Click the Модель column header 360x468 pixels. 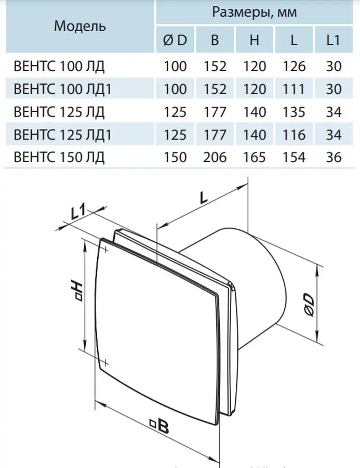click(79, 27)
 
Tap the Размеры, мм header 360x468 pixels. click(255, 12)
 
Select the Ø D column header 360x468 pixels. click(175, 40)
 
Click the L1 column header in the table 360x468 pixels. click(333, 40)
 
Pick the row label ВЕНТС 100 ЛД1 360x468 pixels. click(62, 89)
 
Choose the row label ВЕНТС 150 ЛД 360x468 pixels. click(59, 157)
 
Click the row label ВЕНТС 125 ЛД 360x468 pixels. click(59, 112)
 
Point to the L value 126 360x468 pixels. click(294, 66)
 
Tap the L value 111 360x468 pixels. click(294, 89)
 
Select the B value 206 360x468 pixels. click(215, 157)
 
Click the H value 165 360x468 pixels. click(255, 157)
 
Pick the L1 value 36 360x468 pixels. click(333, 157)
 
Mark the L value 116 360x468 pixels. click(294, 135)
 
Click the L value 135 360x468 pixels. click(294, 112)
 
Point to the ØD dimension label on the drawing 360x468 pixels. click(309, 305)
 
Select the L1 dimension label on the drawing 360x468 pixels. click(78, 212)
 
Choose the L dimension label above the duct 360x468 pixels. click(204, 197)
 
